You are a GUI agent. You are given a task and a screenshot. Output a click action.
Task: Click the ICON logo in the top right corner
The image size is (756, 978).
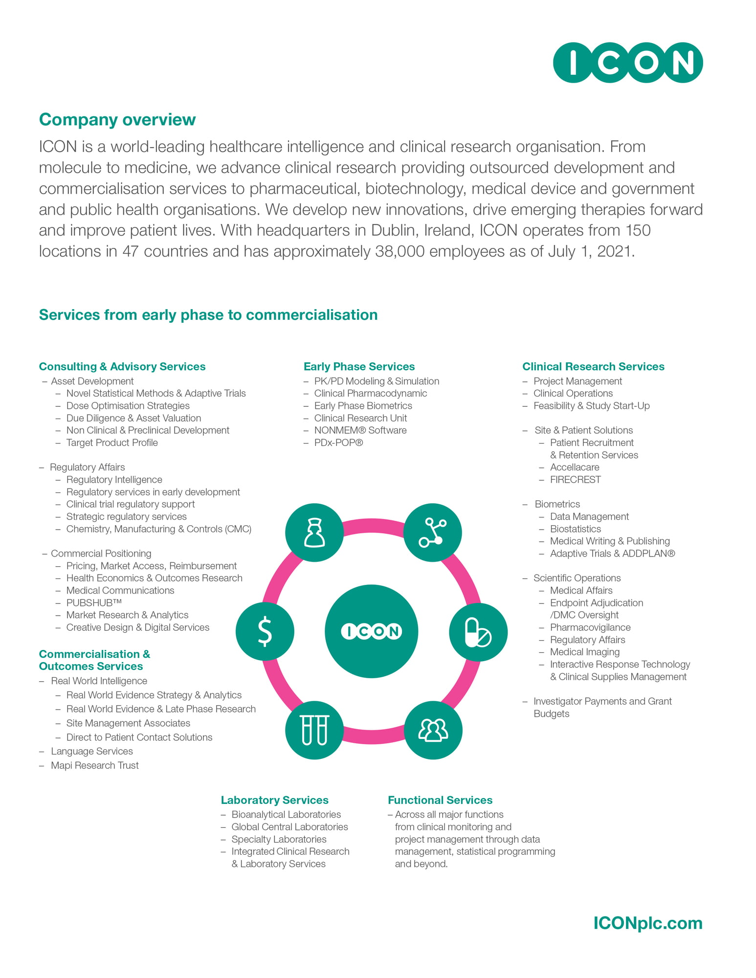(628, 63)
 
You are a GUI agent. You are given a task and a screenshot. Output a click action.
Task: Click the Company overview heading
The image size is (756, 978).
(117, 120)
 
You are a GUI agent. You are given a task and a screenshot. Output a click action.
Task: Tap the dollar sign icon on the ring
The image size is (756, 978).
(265, 631)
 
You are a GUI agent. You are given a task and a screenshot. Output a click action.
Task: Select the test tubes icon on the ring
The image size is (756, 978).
(314, 730)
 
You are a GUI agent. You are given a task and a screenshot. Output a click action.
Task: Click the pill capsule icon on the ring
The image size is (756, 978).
(478, 632)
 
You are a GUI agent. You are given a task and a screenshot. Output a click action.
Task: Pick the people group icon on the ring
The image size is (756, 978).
(433, 730)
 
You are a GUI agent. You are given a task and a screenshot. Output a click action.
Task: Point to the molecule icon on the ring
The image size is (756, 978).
(433, 533)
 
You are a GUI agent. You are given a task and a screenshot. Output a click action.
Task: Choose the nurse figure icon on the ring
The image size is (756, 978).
(314, 533)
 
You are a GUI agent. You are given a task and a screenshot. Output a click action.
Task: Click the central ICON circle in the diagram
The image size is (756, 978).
(372, 631)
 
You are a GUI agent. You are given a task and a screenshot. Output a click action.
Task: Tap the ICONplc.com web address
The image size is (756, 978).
(648, 923)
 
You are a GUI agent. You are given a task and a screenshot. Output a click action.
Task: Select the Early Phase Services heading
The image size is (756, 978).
(359, 367)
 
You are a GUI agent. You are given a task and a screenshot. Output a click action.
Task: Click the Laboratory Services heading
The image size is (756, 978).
(274, 800)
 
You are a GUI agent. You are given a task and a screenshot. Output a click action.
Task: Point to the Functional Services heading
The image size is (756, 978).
(440, 800)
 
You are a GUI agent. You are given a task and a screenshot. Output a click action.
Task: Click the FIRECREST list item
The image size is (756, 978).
(575, 480)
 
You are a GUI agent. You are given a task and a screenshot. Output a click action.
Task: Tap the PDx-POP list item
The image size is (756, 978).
(338, 443)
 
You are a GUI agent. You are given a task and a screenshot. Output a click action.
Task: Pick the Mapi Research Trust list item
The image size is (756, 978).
(95, 765)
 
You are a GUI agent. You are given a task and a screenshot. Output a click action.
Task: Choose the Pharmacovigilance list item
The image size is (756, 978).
(590, 627)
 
